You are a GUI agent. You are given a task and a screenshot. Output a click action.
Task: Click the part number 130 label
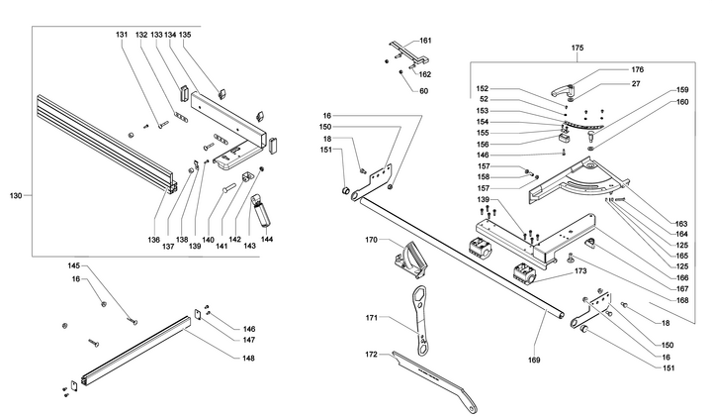pyautogui.click(x=16, y=195)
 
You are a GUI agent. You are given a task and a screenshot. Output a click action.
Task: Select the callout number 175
pyautogui.click(x=578, y=48)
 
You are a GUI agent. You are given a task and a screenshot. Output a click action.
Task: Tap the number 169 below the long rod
pyautogui.click(x=534, y=360)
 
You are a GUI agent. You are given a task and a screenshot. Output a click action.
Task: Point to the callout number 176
pyautogui.click(x=638, y=69)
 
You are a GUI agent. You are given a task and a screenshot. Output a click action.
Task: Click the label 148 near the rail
pyautogui.click(x=248, y=358)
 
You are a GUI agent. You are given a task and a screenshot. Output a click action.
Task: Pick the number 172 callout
pyautogui.click(x=372, y=354)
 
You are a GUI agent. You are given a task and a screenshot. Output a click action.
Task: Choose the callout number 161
pyautogui.click(x=425, y=41)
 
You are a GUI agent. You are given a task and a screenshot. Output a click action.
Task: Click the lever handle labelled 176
pyautogui.click(x=562, y=90)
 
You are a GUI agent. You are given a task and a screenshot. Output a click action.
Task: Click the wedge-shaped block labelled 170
pyautogui.click(x=409, y=260)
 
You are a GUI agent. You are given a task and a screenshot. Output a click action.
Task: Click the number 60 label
pyautogui.click(x=423, y=91)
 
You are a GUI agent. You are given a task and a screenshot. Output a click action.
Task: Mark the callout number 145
pyautogui.click(x=74, y=265)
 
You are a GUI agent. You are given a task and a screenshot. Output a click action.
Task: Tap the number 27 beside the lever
pyautogui.click(x=636, y=83)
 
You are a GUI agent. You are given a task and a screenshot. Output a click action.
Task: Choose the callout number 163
pyautogui.click(x=681, y=223)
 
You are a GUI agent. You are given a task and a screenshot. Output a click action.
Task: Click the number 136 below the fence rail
pyautogui.click(x=153, y=240)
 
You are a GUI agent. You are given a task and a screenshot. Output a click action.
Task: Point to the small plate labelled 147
pyautogui.click(x=199, y=314)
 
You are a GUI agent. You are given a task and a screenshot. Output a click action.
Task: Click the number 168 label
pyautogui.click(x=682, y=300)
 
